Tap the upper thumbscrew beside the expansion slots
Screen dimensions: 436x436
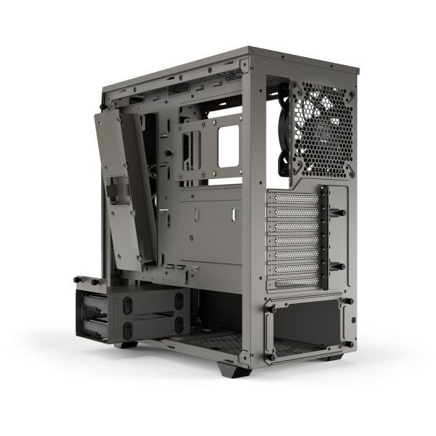[x=340, y=213]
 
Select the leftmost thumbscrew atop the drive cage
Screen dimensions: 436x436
[x=79, y=279]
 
